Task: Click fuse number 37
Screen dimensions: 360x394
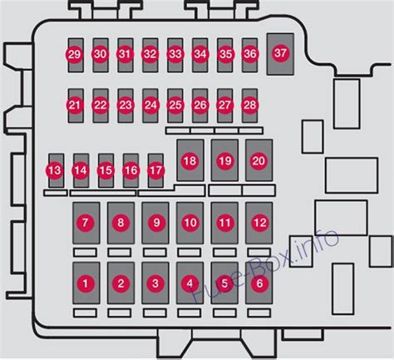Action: click(280, 53)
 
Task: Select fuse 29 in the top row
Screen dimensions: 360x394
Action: click(74, 55)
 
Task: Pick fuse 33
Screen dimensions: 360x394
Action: click(175, 55)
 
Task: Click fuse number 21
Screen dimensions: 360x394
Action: click(75, 105)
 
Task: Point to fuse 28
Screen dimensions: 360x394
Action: click(249, 105)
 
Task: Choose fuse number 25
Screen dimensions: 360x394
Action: click(175, 105)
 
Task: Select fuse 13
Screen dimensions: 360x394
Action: click(55, 170)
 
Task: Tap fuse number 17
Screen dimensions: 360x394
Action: click(155, 170)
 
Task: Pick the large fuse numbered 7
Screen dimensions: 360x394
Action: click(85, 222)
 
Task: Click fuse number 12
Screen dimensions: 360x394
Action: click(259, 222)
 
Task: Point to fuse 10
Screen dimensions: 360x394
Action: click(190, 222)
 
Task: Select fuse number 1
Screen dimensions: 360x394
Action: click(85, 284)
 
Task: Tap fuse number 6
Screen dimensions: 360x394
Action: click(259, 284)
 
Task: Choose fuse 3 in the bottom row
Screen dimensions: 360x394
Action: click(155, 284)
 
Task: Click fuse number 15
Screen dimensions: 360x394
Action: click(106, 170)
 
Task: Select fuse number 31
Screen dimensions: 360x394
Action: click(125, 55)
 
